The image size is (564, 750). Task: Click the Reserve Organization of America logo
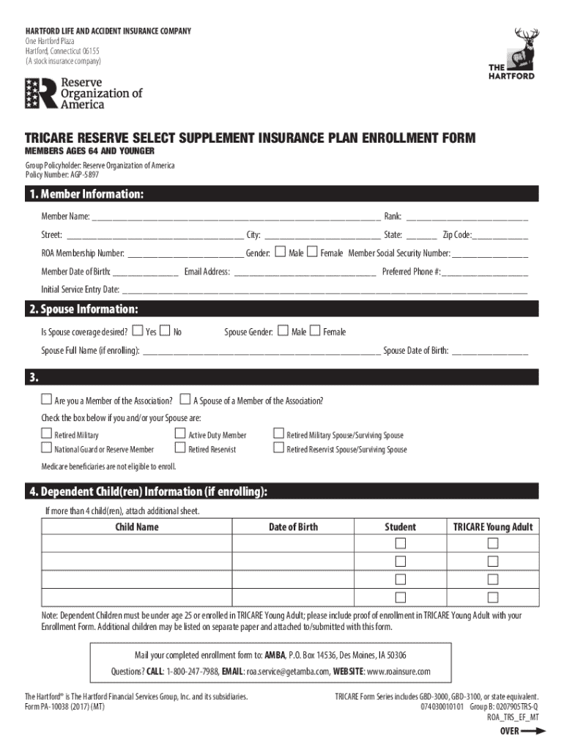click(83, 94)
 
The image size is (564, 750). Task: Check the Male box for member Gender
click(280, 253)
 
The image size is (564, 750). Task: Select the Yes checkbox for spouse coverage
click(137, 331)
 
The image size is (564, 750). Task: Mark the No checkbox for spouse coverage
click(165, 331)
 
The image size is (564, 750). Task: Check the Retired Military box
click(46, 434)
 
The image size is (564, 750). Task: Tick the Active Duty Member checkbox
click(179, 434)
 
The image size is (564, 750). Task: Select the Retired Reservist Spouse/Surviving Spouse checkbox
click(278, 448)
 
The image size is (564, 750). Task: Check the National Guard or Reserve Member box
click(46, 448)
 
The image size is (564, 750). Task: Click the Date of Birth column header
click(293, 527)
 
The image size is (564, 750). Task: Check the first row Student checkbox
click(400, 543)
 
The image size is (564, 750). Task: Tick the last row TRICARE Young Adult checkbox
click(493, 596)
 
